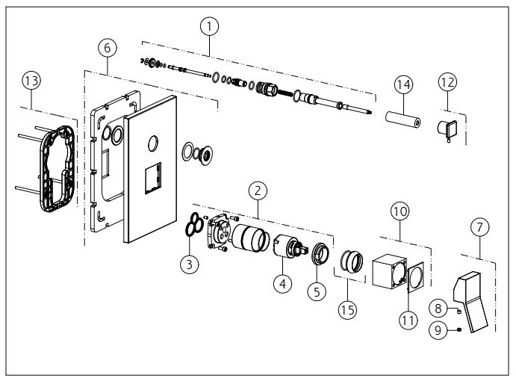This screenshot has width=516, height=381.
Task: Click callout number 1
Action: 211,25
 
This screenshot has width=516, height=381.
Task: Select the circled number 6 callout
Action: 108,47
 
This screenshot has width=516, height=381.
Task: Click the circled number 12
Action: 447,81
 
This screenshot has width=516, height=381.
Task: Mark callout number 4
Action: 282,284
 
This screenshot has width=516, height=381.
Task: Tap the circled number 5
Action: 317,292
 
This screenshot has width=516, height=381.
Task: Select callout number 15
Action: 346,308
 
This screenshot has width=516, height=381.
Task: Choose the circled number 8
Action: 440,306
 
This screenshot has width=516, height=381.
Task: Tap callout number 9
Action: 441,328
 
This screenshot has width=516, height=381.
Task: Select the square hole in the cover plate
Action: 153,177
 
